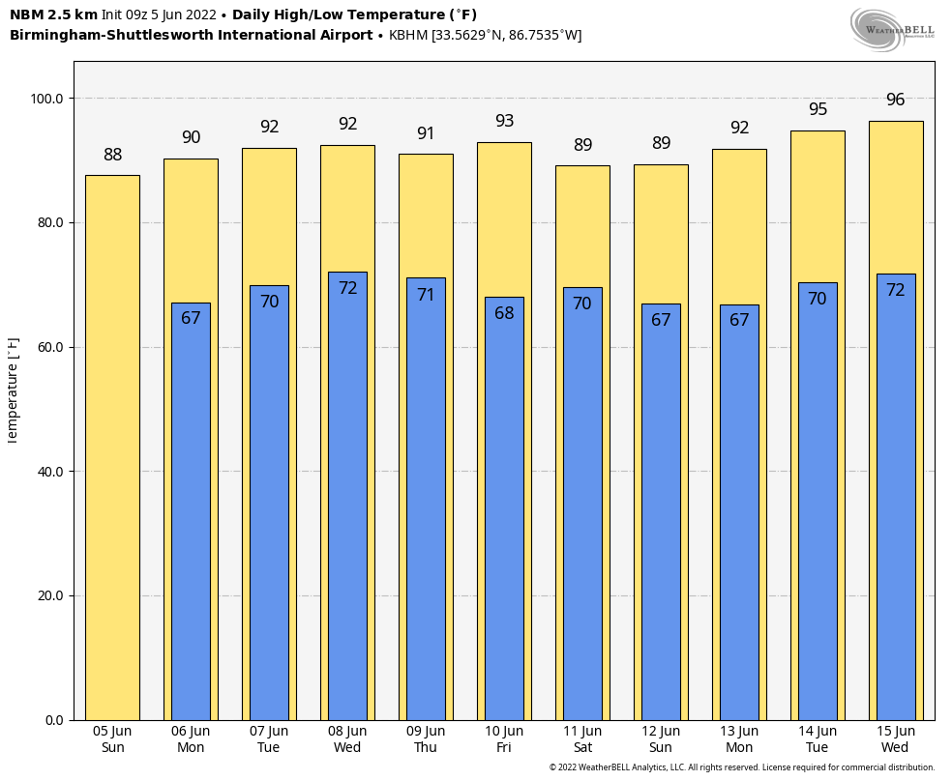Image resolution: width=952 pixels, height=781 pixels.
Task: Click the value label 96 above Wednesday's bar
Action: [895, 100]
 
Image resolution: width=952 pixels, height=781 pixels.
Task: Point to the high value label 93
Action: [504, 121]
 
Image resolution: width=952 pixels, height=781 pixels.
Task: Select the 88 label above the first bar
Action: [112, 155]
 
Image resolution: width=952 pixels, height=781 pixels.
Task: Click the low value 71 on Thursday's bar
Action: [426, 295]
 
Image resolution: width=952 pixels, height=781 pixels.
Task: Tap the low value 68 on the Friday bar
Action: [504, 313]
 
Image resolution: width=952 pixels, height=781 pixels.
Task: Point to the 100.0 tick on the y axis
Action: [46, 99]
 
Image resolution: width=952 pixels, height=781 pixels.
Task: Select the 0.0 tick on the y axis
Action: [53, 720]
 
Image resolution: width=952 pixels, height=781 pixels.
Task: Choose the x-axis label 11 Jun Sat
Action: [582, 739]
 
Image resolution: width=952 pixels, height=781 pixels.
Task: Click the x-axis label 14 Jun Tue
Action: [818, 739]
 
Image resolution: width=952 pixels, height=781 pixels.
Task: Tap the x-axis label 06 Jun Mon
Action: [191, 739]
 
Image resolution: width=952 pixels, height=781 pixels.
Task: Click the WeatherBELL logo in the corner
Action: [892, 29]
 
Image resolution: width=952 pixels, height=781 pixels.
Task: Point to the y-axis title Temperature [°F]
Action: [13, 390]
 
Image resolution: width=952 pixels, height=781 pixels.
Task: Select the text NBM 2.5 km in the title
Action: [53, 14]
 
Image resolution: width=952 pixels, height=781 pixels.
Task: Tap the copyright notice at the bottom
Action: [742, 767]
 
